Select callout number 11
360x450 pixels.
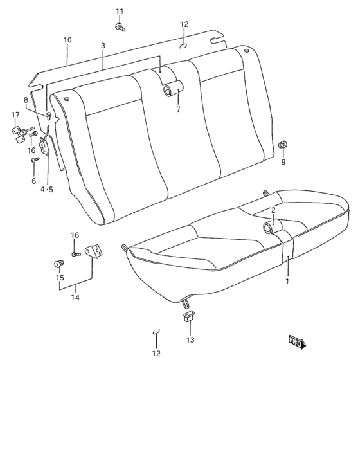coord(119,12)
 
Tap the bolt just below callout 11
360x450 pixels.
coord(120,26)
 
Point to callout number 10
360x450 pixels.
coord(67,40)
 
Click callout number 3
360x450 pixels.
coord(103,46)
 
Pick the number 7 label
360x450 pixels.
coord(178,109)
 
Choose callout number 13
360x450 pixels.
coord(190,339)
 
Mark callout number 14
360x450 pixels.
coord(75,298)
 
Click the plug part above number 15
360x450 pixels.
coord(59,263)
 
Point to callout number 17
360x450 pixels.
coord(15,115)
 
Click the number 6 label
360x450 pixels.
coord(34,181)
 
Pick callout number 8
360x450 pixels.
coord(26,100)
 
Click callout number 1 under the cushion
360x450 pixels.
coord(287,281)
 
